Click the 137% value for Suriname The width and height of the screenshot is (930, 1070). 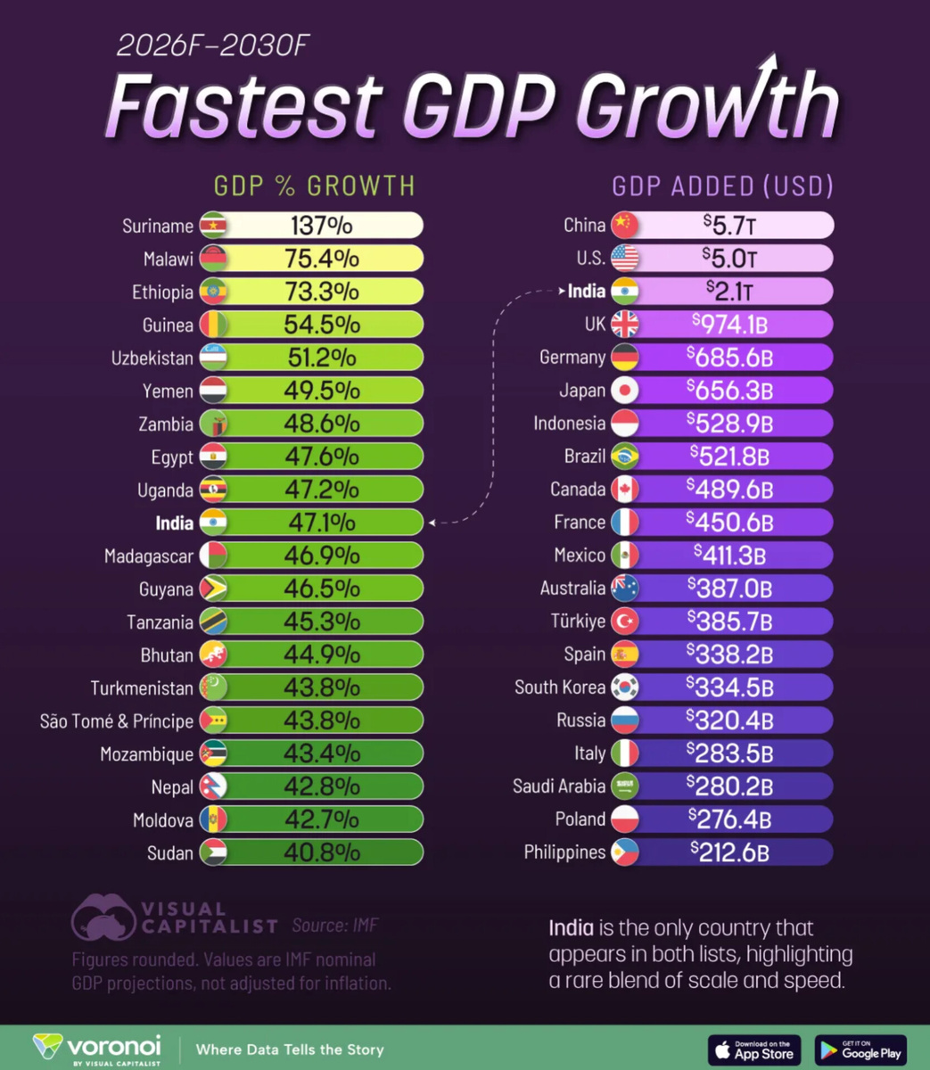(x=321, y=226)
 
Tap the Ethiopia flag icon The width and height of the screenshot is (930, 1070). (x=213, y=292)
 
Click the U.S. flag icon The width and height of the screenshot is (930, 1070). (x=625, y=259)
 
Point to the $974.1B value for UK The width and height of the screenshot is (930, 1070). (x=729, y=325)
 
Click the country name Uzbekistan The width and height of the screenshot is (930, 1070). (x=152, y=358)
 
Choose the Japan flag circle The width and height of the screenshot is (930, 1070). (x=625, y=391)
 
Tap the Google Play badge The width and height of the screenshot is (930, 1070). (x=860, y=1049)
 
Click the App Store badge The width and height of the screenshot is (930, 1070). (x=754, y=1049)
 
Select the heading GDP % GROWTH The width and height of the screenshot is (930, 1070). (x=314, y=185)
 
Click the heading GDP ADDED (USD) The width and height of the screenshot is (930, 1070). (x=722, y=185)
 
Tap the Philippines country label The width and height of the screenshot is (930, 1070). (x=564, y=852)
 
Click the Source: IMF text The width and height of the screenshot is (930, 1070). (x=335, y=926)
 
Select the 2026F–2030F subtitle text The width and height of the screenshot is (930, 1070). (x=213, y=45)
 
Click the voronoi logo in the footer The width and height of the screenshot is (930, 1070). (x=97, y=1048)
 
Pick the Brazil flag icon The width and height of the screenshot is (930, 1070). (x=625, y=457)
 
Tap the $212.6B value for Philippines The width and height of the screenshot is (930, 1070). (x=729, y=852)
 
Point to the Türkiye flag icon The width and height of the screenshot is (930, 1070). (x=625, y=621)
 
